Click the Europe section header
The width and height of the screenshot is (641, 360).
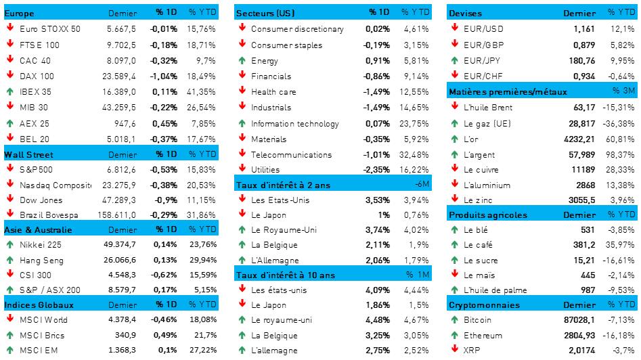(19, 14)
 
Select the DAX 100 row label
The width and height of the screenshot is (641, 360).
(37, 76)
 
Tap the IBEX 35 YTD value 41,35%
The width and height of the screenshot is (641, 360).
(202, 91)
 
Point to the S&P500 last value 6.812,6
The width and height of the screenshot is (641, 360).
(123, 169)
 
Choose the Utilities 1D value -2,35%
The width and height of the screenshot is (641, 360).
(376, 170)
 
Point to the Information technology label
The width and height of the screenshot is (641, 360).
(294, 124)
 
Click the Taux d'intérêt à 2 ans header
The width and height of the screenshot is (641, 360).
(284, 184)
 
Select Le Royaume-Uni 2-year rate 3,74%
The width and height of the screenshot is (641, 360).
(377, 230)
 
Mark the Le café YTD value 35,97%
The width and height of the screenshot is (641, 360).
(621, 246)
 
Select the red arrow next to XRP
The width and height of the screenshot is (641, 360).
(455, 350)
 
